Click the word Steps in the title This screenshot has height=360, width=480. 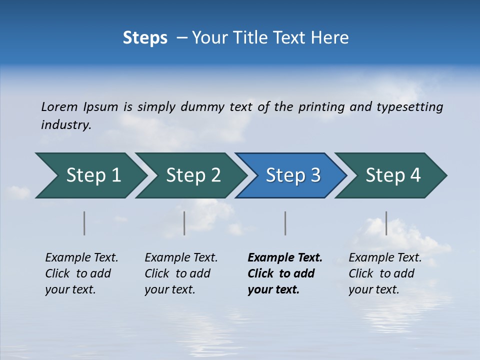[x=145, y=38]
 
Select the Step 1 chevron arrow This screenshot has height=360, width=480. [x=90, y=175]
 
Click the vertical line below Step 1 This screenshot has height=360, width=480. [x=84, y=223]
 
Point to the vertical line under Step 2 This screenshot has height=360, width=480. [x=184, y=223]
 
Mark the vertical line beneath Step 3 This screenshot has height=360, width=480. [x=285, y=223]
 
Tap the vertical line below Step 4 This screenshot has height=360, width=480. [x=386, y=223]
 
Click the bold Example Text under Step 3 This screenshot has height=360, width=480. [x=284, y=273]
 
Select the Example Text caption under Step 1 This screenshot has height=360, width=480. [x=81, y=273]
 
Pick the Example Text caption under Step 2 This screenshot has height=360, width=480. [x=181, y=273]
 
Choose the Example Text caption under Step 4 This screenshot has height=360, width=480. [x=385, y=273]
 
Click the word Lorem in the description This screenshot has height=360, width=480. [x=59, y=107]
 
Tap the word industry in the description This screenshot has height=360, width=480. [x=66, y=125]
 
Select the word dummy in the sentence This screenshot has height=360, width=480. [x=202, y=107]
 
